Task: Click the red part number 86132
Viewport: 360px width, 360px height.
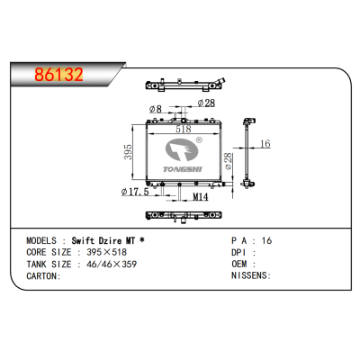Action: click(58, 75)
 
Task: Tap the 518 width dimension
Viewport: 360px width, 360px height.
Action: click(184, 129)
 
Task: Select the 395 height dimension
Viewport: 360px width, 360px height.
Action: click(128, 152)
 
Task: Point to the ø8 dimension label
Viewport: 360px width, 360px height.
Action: click(156, 109)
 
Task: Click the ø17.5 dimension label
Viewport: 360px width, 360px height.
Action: click(135, 192)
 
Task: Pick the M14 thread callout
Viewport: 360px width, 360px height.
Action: click(200, 197)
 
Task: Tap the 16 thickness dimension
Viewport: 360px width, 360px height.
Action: click(265, 144)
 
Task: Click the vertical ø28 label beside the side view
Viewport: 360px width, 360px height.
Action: click(229, 161)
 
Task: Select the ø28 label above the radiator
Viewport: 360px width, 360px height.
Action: click(206, 103)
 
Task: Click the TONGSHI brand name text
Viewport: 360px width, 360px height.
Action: click(183, 169)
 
